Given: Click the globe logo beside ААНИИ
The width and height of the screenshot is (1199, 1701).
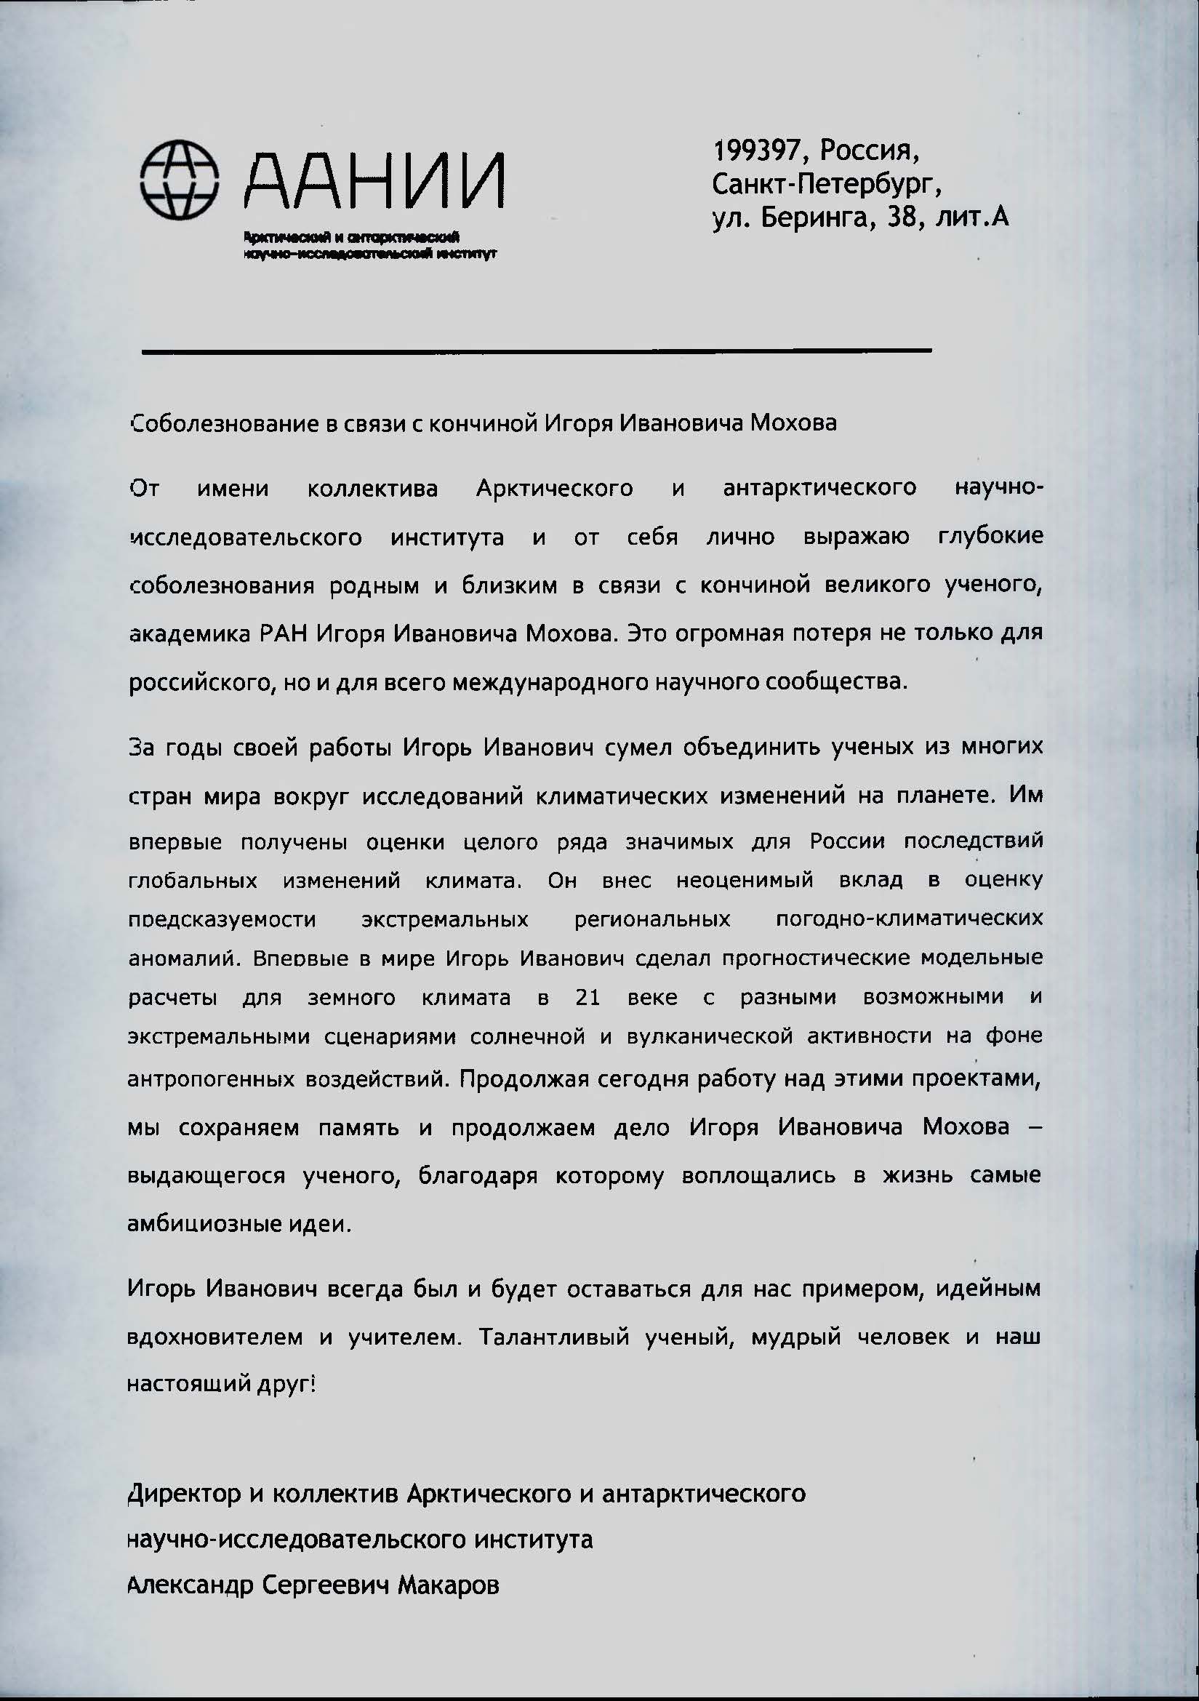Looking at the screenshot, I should [x=180, y=181].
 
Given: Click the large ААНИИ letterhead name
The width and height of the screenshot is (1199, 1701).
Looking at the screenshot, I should [x=374, y=183].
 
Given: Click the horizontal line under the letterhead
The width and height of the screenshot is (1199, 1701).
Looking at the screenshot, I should [x=536, y=351].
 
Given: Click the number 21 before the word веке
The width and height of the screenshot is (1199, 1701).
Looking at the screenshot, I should [x=588, y=997].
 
